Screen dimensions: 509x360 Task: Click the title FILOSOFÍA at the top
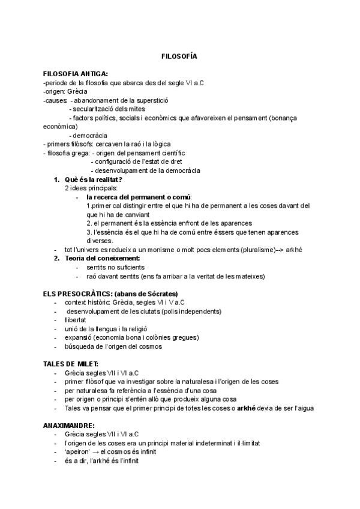tap(179, 56)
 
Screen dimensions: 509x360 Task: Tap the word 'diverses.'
tap(100, 241)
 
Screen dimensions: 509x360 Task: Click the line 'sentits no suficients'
tap(115, 267)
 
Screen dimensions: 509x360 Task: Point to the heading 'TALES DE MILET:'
tap(71, 364)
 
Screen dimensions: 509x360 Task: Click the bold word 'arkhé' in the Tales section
tap(246, 408)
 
